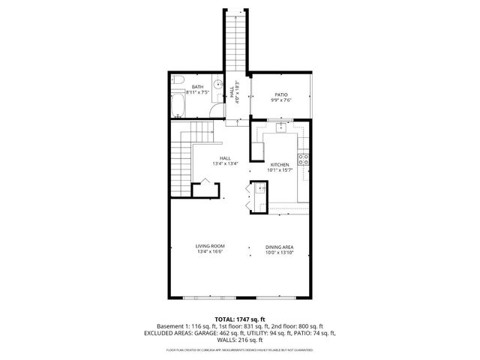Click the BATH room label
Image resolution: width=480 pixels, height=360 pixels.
pos(198,87)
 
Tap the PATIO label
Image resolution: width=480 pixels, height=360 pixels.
pos(281,94)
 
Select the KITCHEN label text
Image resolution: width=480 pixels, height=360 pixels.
pos(280,164)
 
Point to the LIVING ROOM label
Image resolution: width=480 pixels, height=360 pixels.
pos(211,247)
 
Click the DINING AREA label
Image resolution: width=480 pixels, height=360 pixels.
pos(279,247)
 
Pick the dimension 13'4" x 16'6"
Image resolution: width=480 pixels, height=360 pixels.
pos(211,253)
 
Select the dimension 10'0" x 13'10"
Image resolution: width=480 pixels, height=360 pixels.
pos(279,253)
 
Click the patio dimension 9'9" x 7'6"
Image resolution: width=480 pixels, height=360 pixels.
pos(281,100)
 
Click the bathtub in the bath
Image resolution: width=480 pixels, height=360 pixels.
pos(178,105)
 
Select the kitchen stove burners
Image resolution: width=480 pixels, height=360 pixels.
pos(304,158)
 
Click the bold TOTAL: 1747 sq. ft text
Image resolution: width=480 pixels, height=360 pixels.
pos(240,319)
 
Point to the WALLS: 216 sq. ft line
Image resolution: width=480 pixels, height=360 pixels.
pos(240,340)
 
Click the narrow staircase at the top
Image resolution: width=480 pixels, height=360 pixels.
pos(236,37)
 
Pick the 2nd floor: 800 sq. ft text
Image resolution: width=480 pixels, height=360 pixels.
pos(299,327)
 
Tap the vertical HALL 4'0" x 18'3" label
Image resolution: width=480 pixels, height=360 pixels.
pos(235,93)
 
